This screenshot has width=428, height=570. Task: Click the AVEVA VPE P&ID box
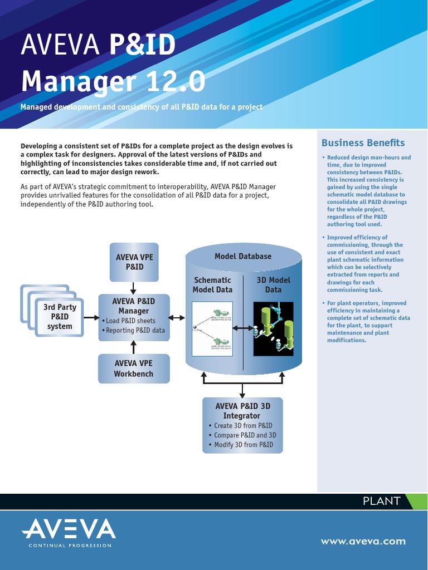point(134,262)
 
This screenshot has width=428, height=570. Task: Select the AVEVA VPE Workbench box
point(134,368)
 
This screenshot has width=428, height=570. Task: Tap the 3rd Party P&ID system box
point(60,317)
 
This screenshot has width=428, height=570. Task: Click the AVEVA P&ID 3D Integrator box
point(242,425)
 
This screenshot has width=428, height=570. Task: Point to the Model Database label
point(243,256)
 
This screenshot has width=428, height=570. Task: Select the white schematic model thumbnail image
point(211,329)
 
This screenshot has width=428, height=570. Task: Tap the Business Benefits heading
point(363,143)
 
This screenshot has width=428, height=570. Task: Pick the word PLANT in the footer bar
point(381,501)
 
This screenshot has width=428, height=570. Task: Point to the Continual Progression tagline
point(70,546)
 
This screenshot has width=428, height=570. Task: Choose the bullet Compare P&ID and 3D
point(245,435)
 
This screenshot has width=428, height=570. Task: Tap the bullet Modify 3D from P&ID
point(244,445)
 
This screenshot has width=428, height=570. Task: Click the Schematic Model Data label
point(212,284)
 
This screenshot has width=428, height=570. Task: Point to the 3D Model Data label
point(273,284)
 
